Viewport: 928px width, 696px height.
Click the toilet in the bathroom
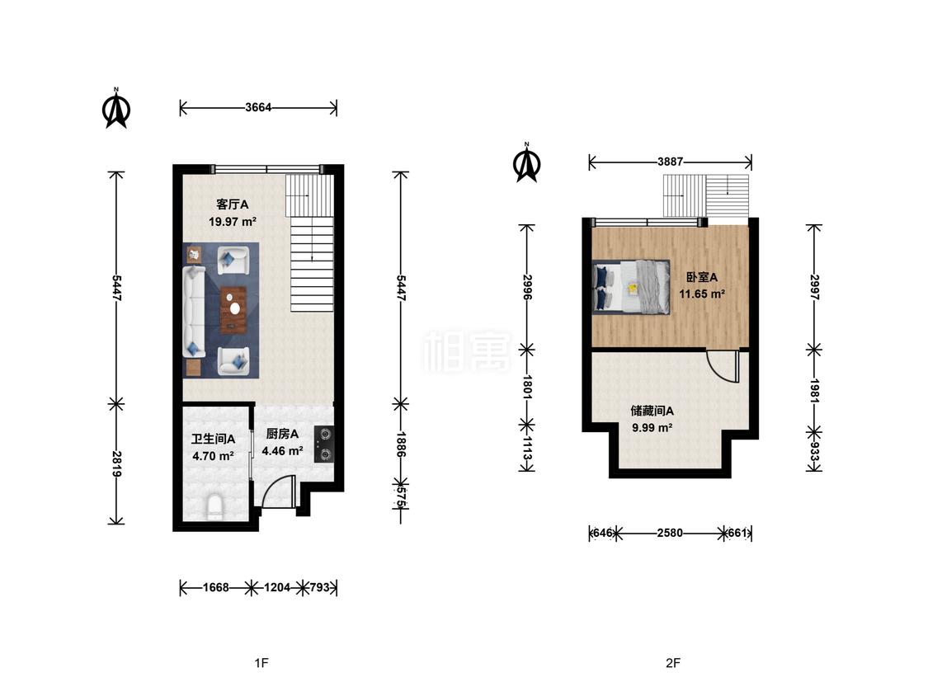coord(214,508)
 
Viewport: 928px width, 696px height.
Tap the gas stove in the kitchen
coord(324,444)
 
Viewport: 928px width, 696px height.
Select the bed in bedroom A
coord(632,286)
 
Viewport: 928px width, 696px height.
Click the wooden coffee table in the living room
coord(234,309)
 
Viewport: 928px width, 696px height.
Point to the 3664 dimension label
coord(258,108)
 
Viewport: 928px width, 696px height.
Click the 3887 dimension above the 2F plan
coord(670,162)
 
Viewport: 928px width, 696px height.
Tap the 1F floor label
coord(261,663)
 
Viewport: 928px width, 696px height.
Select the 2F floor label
coord(673,663)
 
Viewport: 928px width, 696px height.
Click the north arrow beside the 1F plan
coord(116,108)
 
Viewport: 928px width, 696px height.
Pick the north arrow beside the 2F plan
coord(527,162)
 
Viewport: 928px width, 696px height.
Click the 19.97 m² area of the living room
coord(233,222)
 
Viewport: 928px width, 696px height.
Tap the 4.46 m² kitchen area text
coord(282,451)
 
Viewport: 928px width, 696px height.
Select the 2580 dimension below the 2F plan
coord(670,534)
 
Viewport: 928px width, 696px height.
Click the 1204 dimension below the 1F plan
coord(277,588)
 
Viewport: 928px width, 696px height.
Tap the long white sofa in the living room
coord(194,312)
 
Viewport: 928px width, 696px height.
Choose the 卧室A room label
coord(702,277)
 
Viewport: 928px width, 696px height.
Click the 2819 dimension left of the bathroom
coord(117,464)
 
